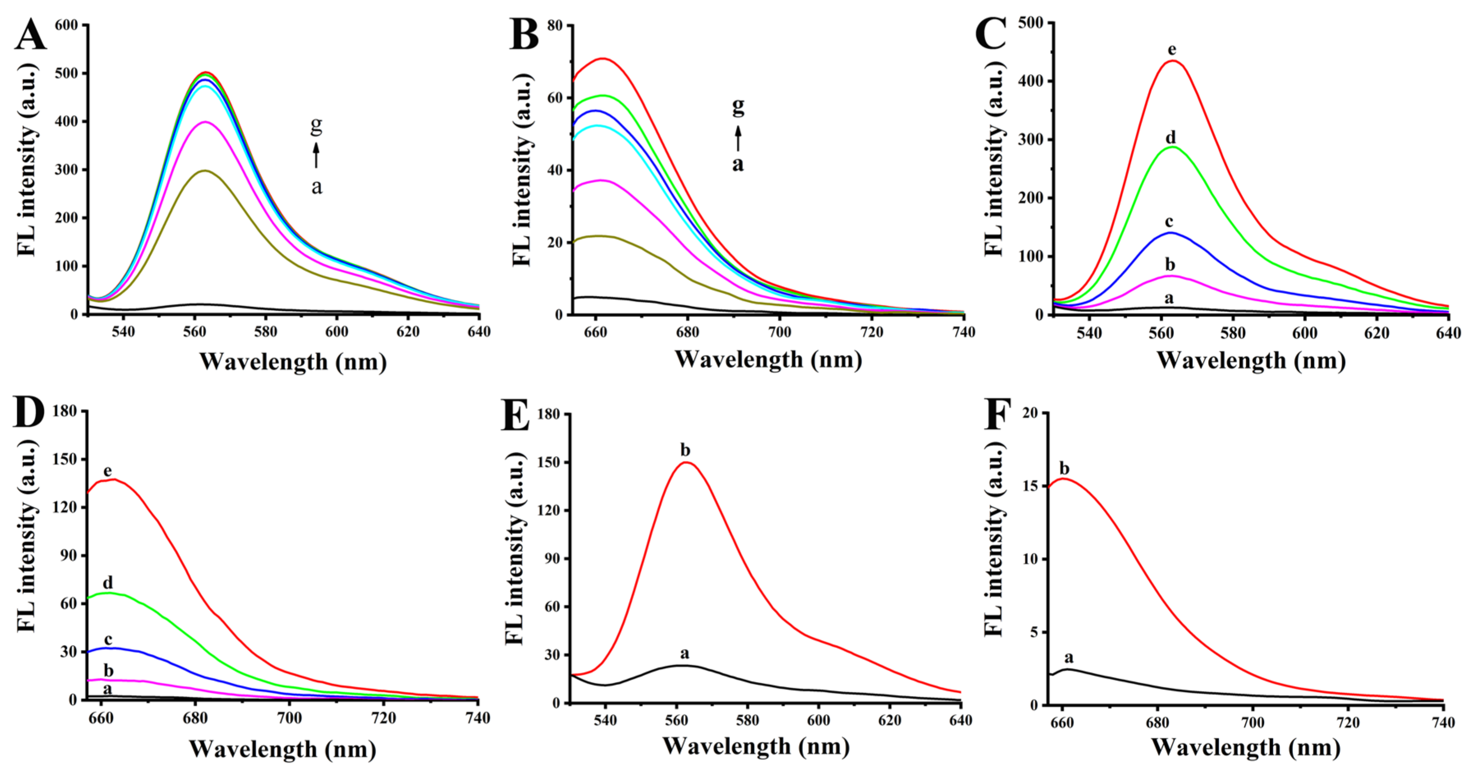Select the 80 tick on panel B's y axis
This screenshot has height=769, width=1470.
(553, 26)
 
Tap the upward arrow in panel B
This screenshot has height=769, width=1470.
(738, 139)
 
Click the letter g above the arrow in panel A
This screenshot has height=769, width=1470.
(316, 124)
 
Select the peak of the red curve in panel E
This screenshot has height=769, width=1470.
(686, 463)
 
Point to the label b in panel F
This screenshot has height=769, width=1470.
(1065, 469)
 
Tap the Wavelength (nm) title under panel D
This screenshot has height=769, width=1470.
(282, 748)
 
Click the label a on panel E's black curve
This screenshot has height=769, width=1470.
(685, 653)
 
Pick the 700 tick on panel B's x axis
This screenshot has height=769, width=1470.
(779, 332)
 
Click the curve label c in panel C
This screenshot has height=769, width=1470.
(1169, 222)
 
